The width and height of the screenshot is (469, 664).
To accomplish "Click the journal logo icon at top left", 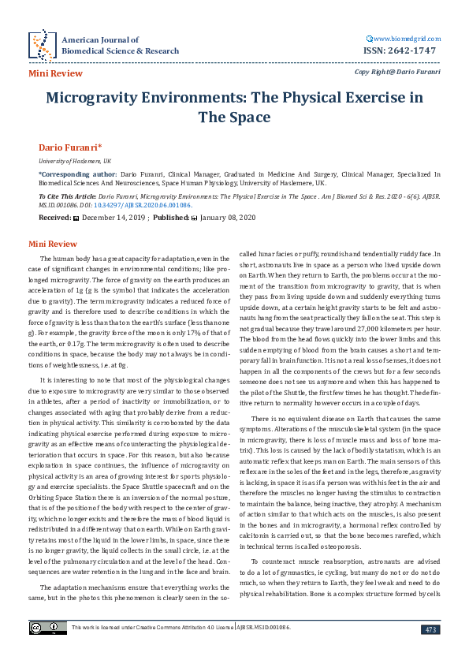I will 41,45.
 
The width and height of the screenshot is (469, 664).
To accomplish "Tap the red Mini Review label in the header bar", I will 55,73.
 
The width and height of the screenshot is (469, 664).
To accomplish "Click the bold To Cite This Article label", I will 74,193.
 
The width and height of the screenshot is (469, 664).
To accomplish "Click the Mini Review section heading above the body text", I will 53,244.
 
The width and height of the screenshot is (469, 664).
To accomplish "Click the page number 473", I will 430,629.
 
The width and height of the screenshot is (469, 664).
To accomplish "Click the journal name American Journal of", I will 99,39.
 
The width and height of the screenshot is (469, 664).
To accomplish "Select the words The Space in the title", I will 234,118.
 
